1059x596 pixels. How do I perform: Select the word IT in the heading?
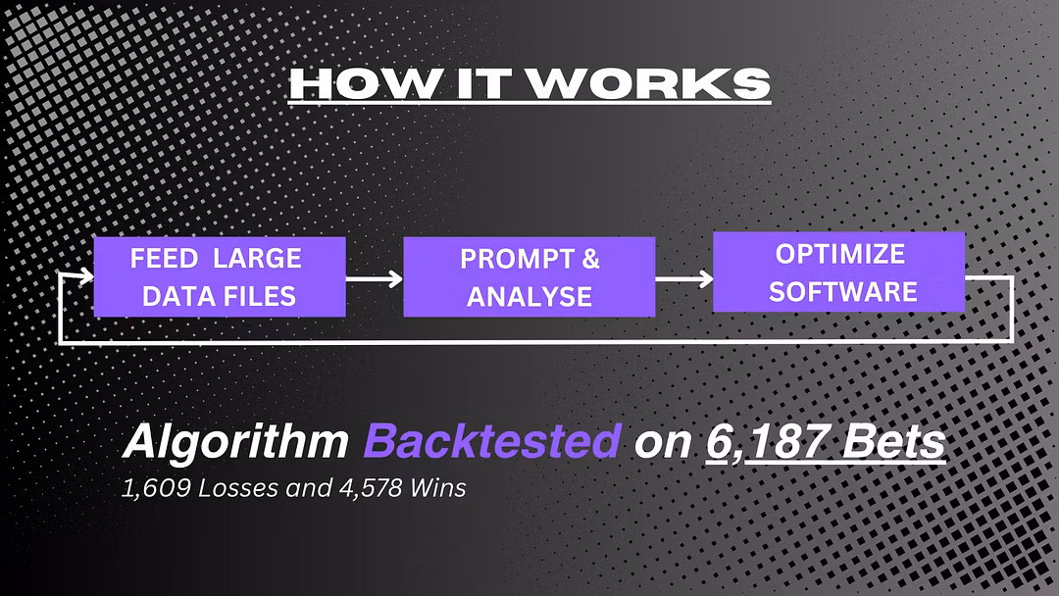[479, 83]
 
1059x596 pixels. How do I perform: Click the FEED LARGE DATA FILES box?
[220, 276]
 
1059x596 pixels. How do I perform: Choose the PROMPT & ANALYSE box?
[529, 276]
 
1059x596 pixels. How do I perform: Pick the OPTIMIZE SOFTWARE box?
[838, 272]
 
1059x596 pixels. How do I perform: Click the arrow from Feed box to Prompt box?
[375, 278]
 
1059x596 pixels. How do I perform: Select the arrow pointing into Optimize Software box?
[684, 278]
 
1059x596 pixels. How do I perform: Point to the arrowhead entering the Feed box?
[86, 275]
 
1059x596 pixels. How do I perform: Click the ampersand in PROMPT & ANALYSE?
[590, 259]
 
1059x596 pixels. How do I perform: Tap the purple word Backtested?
[491, 441]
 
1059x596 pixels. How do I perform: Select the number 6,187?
[768, 442]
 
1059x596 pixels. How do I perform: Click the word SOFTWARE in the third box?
[843, 292]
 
